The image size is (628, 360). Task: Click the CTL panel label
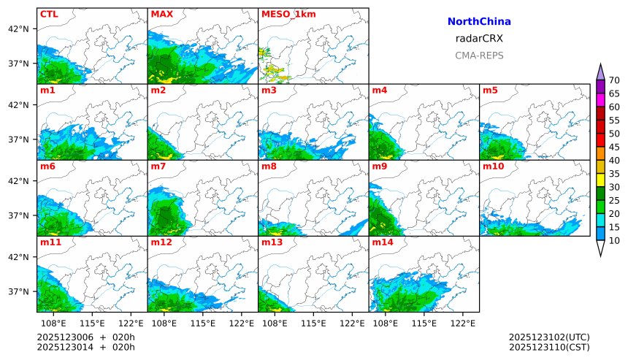tap(49, 14)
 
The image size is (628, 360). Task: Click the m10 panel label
tap(493, 166)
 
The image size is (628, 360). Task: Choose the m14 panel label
tap(382, 242)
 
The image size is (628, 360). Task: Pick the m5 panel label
tap(490, 91)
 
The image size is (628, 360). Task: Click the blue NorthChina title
tap(479, 22)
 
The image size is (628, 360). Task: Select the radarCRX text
tap(479, 39)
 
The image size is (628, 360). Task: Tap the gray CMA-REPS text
tap(479, 55)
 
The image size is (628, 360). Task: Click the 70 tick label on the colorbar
tap(614, 80)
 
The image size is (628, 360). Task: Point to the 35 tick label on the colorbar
tap(614, 174)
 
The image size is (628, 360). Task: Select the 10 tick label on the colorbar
tap(614, 240)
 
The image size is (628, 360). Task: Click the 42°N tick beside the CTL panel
tap(18, 29)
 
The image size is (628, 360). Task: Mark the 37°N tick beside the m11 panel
tap(18, 291)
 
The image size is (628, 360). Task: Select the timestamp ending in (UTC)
tap(549, 337)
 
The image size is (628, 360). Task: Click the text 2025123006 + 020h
tap(86, 337)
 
